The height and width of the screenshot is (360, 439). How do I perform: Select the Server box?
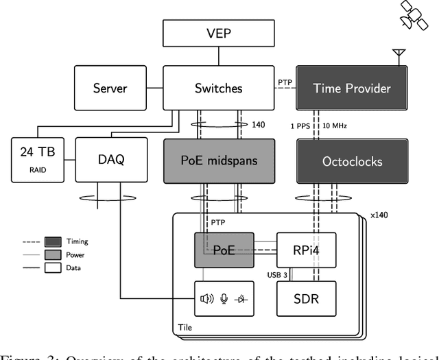[110, 88]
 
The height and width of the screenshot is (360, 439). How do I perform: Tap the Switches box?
[219, 88]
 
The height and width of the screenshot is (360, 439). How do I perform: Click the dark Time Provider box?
[351, 88]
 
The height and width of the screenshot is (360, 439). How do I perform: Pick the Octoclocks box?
[351, 162]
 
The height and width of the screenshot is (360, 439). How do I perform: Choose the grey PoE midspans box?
[219, 162]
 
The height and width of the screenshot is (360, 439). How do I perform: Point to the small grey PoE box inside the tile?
[224, 250]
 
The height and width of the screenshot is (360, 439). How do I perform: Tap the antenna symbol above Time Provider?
[395, 54]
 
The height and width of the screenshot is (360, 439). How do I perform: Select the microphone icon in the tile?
[223, 298]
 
